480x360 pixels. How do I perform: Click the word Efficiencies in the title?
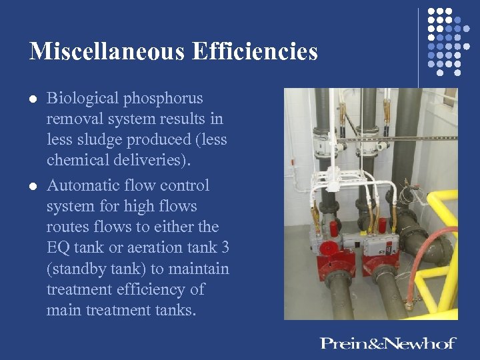254,51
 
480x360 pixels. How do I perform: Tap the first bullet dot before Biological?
33,99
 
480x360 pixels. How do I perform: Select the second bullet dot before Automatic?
33,185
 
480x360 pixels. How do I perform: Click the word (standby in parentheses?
77,269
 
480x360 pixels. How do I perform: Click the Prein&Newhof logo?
387,343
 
